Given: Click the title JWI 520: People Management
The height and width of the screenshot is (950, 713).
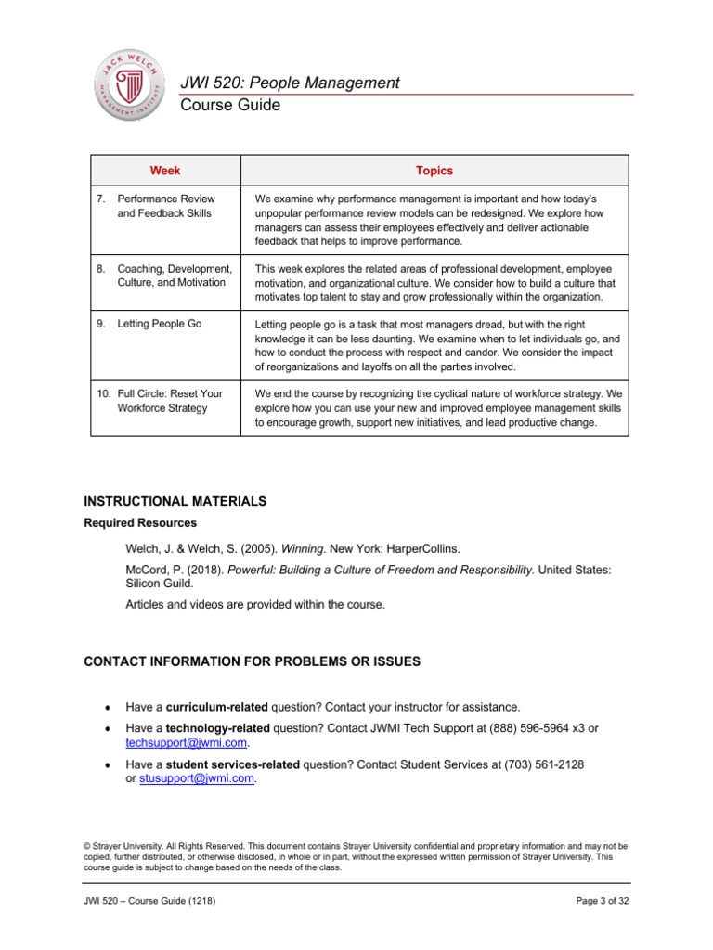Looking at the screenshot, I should tap(291, 83).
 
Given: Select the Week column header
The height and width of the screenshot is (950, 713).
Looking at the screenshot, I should tap(165, 171).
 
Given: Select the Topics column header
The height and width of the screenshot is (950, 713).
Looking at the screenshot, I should tap(434, 171).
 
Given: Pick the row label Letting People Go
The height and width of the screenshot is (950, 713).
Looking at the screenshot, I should tap(159, 324).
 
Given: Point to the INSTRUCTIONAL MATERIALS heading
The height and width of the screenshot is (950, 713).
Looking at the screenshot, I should tap(175, 501).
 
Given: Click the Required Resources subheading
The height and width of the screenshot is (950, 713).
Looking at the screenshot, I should tap(140, 522).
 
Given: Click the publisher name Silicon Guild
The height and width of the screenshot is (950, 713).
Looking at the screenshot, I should tap(162, 585).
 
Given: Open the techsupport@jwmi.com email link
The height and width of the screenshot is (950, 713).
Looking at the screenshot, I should tap(187, 743).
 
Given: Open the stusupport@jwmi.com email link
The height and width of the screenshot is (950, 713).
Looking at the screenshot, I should tap(196, 779).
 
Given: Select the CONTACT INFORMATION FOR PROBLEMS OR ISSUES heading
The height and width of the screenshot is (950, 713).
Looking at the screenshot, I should tap(253, 661).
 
